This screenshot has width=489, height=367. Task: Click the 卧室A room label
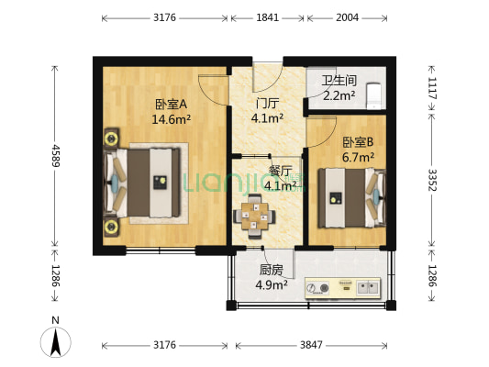pos(172,104)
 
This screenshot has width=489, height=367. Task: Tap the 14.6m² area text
pos(172,118)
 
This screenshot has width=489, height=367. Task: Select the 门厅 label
pos(267,104)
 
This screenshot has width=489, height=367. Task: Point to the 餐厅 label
pos(280,171)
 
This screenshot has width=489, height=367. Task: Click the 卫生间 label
pos(338,80)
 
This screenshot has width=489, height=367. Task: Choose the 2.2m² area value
pos(338,95)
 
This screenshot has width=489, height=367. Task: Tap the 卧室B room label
pos(358,142)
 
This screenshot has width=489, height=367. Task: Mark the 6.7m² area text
pos(358,157)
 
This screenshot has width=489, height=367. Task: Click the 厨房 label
pos(271,270)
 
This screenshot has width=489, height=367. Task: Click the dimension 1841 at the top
pos(267,17)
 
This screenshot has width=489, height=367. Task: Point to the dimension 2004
pos(348,17)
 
